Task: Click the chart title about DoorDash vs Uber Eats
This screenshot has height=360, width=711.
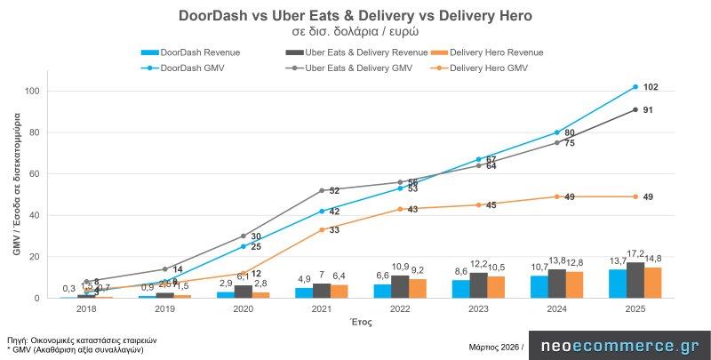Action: pos(355,15)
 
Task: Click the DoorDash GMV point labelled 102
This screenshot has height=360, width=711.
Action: pos(635,86)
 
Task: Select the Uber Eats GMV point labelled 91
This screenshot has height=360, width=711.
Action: pos(635,109)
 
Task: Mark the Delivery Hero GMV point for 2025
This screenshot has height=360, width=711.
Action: pos(635,196)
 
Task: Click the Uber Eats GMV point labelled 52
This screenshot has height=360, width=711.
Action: pos(322,190)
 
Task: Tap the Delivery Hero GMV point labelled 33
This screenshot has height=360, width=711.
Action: pos(322,229)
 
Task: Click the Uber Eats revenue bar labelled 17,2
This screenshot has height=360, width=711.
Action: pos(635,280)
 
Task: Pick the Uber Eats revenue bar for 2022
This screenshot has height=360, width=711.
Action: pos(400,286)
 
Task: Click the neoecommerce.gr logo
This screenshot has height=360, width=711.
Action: pos(619,347)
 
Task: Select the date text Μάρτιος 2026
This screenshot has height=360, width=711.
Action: pos(493,347)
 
